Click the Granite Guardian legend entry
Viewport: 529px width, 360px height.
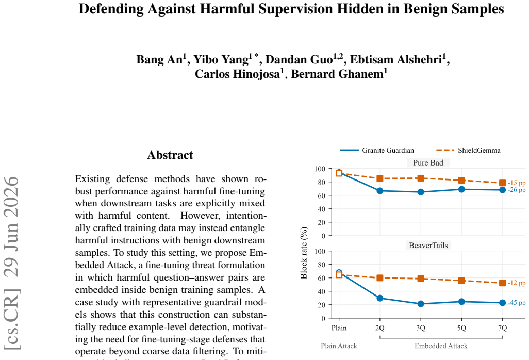click(376, 150)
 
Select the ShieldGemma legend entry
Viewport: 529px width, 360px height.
click(468, 150)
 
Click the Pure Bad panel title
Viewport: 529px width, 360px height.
click(428, 162)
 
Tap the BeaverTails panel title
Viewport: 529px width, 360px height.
click(428, 246)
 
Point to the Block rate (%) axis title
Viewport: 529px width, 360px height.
click(304, 253)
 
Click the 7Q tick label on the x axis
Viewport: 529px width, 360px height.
click(502, 328)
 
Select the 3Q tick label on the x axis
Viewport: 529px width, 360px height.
click(421, 328)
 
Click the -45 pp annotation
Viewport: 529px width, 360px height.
click(517, 303)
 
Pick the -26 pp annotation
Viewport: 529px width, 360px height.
click(517, 190)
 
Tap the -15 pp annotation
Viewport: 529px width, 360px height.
click(517, 183)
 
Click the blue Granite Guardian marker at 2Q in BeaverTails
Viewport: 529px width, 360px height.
click(380, 298)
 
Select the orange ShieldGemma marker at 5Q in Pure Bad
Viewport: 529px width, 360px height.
click(461, 181)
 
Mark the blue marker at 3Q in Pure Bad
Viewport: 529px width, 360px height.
click(421, 192)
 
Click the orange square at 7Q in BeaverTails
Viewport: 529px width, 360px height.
click(502, 283)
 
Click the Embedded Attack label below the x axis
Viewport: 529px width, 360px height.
click(441, 346)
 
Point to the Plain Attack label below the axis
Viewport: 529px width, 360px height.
click(339, 346)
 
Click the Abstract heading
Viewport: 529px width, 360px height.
click(170, 155)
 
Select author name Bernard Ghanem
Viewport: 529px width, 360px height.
click(339, 74)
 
